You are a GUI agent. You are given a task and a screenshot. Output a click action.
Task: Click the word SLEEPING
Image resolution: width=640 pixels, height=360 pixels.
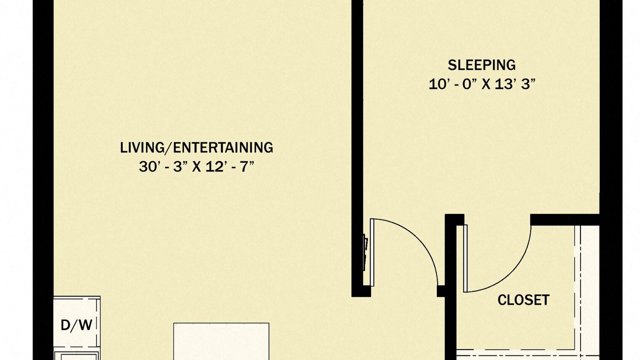point(481,65)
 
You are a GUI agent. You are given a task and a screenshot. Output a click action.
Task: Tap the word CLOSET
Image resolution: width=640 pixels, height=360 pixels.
point(523,300)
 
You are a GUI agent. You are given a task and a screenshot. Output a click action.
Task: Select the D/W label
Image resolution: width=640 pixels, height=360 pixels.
point(76,325)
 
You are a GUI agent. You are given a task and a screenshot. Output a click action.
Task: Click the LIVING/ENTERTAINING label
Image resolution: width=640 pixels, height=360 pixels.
point(196,147)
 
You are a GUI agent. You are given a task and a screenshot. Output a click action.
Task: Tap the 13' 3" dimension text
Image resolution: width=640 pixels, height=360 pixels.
point(515,84)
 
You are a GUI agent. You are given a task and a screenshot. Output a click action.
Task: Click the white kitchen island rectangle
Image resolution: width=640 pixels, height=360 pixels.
point(221,341)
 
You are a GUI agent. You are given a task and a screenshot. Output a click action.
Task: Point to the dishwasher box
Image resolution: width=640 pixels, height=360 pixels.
point(77,322)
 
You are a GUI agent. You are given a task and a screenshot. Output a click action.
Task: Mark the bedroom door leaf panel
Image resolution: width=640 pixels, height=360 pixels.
point(372,252)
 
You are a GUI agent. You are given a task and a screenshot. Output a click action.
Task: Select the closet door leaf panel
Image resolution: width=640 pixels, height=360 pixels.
point(465,258)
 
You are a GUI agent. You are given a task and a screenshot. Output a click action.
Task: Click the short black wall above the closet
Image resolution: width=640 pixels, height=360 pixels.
point(564,219)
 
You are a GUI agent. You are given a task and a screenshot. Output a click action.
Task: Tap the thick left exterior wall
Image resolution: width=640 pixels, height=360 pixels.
point(43,180)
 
